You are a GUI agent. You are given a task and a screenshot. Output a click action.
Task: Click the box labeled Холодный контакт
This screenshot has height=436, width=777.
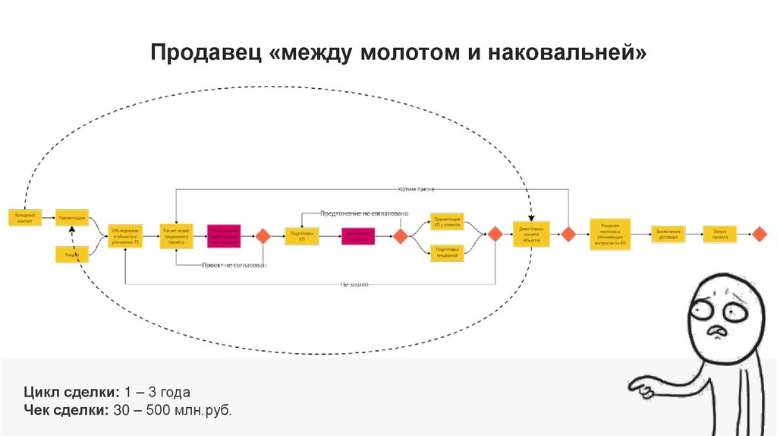tap(24, 217)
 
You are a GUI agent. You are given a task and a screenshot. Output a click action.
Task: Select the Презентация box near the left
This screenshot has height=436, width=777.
tap(72, 217)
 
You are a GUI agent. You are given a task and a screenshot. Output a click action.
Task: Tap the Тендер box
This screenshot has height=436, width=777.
tap(71, 255)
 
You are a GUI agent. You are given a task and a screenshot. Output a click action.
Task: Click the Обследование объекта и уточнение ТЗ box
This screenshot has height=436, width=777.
tap(124, 236)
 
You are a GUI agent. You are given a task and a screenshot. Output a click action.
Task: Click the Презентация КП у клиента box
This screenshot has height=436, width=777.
tap(447, 220)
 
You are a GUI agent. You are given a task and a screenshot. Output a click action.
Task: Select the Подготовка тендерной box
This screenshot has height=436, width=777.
tap(447, 251)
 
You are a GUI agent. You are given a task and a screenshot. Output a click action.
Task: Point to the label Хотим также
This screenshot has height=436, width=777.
tap(416, 188)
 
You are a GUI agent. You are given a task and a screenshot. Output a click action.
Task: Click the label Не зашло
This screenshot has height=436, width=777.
tap(354, 284)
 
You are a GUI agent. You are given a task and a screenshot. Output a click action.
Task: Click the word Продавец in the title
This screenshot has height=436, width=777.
tap(204, 53)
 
